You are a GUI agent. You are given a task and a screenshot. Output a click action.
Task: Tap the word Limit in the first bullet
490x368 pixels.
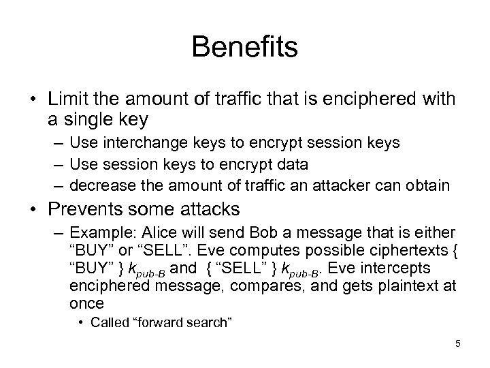pos(68,101)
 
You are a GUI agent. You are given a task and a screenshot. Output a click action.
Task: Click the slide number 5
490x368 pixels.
pos(458,343)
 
